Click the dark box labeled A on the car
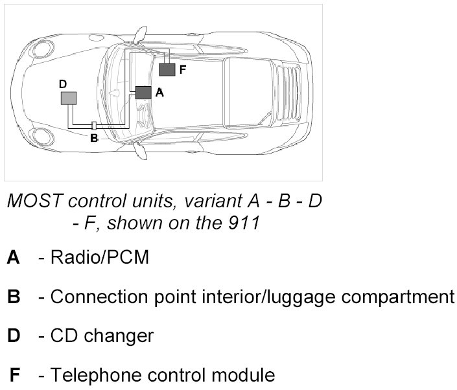pos(143,92)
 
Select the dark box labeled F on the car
pos(167,69)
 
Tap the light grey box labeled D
pos(68,98)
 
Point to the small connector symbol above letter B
pos(94,125)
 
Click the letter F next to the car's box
pos(182,69)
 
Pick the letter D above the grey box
pos(62,84)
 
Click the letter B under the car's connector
pos(94,137)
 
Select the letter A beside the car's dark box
pos(159,93)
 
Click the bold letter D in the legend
pos(14,336)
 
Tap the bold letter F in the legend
pos(14,375)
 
